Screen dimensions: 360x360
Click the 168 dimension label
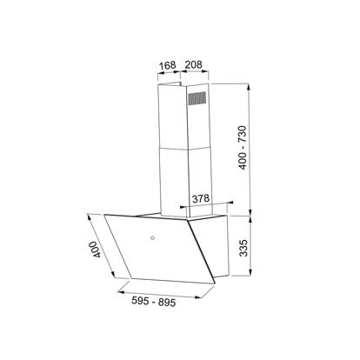point(168,64)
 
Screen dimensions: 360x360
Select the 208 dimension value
point(195,64)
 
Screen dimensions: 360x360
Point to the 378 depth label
point(200,197)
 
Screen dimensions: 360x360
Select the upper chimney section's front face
point(170,117)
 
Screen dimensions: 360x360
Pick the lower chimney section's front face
point(172,178)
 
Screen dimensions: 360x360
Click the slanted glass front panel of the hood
point(157,248)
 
